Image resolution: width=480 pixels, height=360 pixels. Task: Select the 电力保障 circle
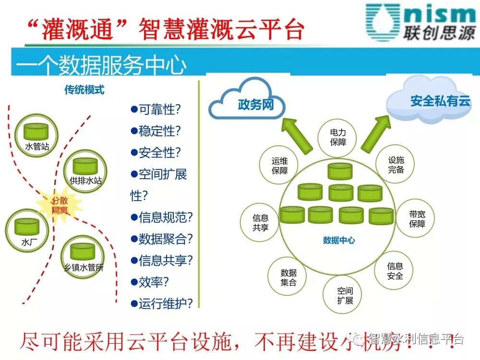pyautogui.click(x=338, y=137)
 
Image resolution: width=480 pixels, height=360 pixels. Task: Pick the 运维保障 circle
pyautogui.click(x=279, y=165)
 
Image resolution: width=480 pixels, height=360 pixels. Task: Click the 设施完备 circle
pyautogui.click(x=396, y=165)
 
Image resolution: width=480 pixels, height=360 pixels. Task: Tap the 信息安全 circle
pyautogui.click(x=395, y=271)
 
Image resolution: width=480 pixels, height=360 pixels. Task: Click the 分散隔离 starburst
pyautogui.click(x=60, y=205)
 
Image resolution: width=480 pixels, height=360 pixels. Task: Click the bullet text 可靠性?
pyautogui.click(x=156, y=109)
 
